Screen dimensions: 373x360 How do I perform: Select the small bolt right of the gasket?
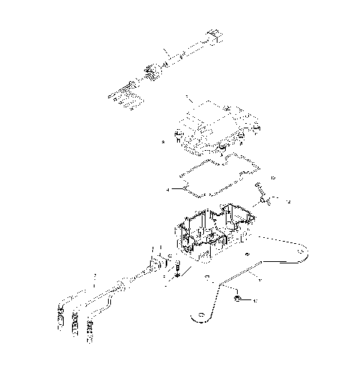[259, 186]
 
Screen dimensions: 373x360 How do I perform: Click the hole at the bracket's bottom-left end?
[200, 318]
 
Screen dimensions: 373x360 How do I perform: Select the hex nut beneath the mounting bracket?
[237, 300]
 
